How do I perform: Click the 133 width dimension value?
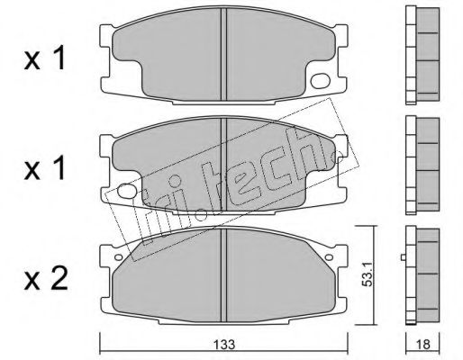coord(224,345)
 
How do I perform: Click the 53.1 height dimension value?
coord(367,275)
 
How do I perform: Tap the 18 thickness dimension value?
coord(422,345)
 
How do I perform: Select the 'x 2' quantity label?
coord(46,279)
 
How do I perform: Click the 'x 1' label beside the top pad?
coord(44,58)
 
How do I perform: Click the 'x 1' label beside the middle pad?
coord(44,168)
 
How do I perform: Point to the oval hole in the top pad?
coord(321,81)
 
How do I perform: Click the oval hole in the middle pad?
coord(126,191)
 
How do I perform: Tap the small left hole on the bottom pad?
coord(119,257)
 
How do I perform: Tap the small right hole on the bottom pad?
coord(329,257)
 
